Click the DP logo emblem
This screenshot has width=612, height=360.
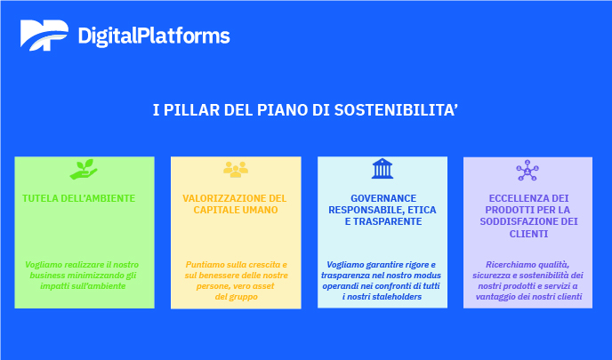tap(44, 35)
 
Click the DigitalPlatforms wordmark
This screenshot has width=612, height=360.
tap(154, 36)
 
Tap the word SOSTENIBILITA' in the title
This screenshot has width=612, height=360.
tap(396, 110)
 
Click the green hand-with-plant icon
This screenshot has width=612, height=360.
tap(84, 169)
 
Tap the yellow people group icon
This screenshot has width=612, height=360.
tap(236, 170)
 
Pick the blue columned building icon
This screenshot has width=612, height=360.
tap(382, 169)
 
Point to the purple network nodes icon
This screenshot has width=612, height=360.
tap(527, 171)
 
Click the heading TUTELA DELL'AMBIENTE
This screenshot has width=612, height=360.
tap(79, 198)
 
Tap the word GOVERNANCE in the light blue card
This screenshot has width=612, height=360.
tap(383, 198)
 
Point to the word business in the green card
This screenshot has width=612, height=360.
tap(47, 276)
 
